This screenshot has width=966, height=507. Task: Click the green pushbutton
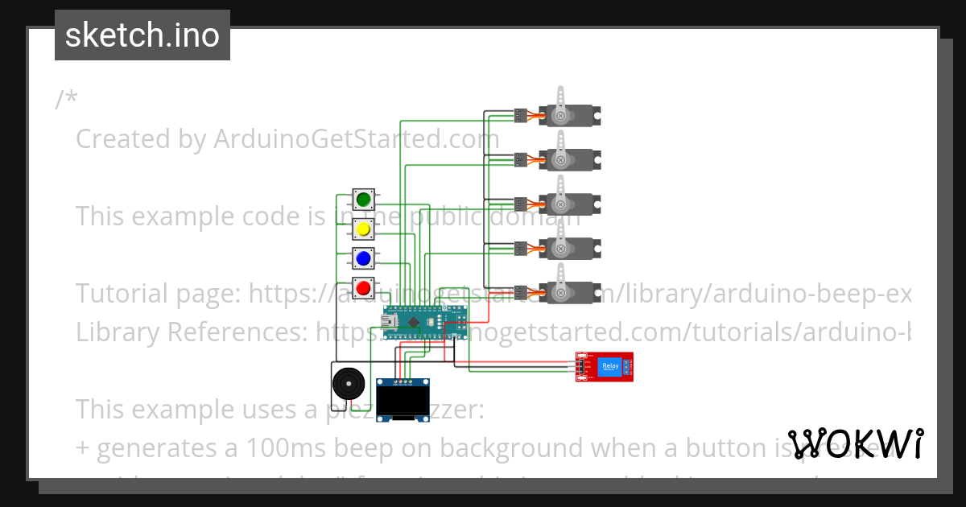tap(363, 199)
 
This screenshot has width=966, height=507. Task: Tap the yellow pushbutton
tap(363, 229)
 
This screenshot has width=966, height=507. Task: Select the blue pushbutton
tap(363, 258)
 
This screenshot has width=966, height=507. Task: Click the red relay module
tap(605, 367)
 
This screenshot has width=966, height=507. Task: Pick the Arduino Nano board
tap(423, 321)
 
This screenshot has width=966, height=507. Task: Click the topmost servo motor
tap(570, 114)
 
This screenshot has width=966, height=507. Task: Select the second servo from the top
tap(570, 159)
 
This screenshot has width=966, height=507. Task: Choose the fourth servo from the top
tap(570, 247)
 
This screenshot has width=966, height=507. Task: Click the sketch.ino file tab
tap(142, 35)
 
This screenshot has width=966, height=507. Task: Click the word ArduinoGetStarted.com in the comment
tap(356, 139)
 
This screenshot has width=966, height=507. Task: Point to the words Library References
tap(192, 331)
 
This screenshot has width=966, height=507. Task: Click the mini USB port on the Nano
tap(390, 321)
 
